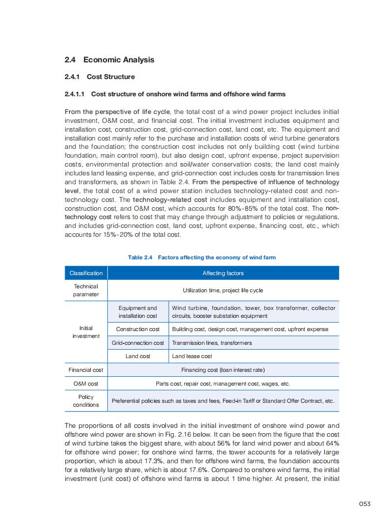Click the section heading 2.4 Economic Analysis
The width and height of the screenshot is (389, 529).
(109, 60)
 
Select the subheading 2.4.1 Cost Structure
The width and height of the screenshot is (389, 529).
(100, 77)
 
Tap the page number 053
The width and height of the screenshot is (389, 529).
(364, 503)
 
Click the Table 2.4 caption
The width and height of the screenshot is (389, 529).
(202, 257)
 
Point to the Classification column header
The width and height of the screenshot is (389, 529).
(86, 273)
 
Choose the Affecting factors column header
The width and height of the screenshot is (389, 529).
(223, 273)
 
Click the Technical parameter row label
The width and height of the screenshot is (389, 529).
(86, 290)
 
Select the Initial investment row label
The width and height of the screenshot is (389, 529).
(86, 332)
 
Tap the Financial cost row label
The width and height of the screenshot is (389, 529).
(86, 370)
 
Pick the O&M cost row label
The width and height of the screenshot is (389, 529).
(86, 384)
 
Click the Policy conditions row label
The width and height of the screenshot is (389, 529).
(86, 401)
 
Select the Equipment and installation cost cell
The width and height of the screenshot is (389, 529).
(138, 312)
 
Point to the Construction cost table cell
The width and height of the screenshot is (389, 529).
(138, 329)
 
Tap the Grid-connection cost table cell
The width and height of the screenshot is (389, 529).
(138, 343)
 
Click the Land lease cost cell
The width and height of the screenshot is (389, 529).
(192, 356)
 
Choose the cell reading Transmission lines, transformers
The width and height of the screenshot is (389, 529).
(212, 343)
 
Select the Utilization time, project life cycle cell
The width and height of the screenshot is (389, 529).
(223, 290)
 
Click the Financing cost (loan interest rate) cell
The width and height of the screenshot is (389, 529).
(223, 370)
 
